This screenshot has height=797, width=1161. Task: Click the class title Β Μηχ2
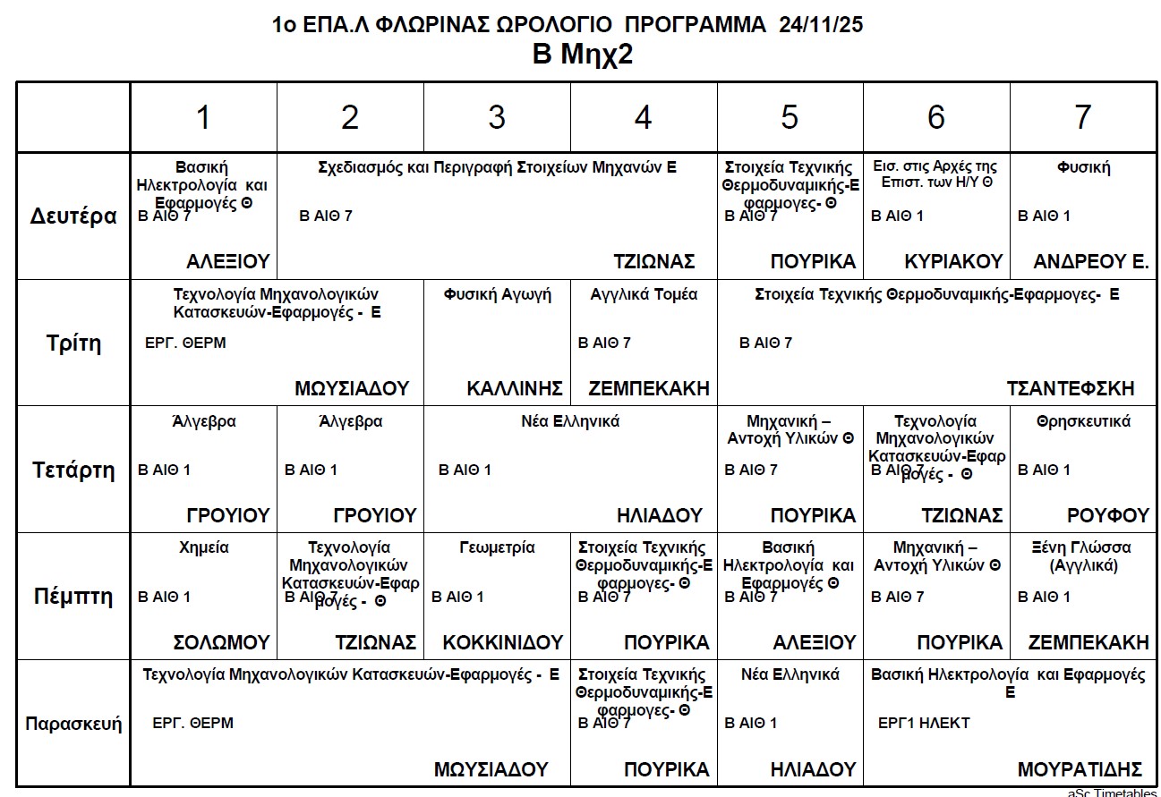tap(583, 55)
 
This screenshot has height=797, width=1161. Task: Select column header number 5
tap(790, 117)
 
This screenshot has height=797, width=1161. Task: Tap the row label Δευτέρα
tap(73, 216)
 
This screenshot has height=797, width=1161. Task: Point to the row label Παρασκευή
tap(73, 724)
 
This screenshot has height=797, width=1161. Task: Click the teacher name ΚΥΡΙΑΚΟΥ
tap(953, 261)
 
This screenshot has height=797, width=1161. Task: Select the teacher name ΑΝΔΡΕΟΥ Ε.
tap(1090, 261)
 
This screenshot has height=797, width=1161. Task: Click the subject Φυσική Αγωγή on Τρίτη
tap(497, 294)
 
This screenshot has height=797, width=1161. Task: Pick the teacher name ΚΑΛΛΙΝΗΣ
tap(515, 388)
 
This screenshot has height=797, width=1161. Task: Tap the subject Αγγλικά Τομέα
tap(644, 294)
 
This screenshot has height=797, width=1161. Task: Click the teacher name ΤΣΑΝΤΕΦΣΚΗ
tap(1070, 388)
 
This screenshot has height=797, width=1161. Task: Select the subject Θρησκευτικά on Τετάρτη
tap(1083, 421)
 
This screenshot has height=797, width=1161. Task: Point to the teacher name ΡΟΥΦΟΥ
tap(1107, 515)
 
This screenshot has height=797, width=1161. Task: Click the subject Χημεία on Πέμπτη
tap(204, 547)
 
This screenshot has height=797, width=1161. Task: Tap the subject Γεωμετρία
tap(497, 547)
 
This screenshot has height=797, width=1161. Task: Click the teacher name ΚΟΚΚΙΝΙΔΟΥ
tap(502, 642)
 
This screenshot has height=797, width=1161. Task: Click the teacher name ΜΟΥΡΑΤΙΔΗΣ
tap(1080, 769)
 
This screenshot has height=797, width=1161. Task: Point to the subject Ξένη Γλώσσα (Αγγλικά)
tap(1083, 556)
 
